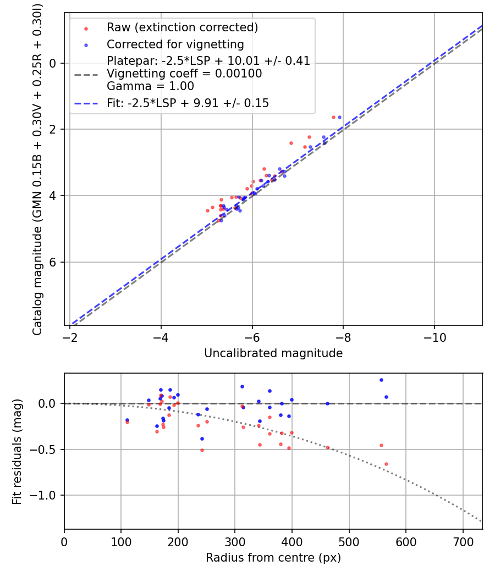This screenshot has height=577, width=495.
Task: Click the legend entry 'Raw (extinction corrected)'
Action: (182, 27)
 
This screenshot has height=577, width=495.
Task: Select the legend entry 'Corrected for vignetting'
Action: (175, 45)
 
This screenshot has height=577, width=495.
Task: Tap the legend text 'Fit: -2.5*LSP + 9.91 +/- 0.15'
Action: (188, 103)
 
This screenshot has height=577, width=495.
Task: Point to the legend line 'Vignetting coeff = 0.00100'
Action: (184, 74)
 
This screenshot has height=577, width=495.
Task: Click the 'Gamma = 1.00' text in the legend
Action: (150, 86)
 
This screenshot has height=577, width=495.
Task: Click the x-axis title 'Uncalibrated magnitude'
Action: (273, 353)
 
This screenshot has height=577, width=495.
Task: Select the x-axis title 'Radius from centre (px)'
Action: (273, 558)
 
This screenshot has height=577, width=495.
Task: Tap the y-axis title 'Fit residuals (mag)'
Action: (17, 451)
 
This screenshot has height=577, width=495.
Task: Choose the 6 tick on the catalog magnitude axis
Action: (53, 262)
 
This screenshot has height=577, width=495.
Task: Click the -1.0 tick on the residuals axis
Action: (47, 496)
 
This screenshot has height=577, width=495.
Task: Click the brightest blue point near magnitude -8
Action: (339, 117)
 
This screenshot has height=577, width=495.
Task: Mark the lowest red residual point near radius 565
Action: (386, 464)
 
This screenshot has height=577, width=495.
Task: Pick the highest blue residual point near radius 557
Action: (381, 380)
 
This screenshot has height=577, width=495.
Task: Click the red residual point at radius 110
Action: (127, 422)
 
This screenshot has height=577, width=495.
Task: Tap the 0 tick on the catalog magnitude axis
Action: (53, 63)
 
